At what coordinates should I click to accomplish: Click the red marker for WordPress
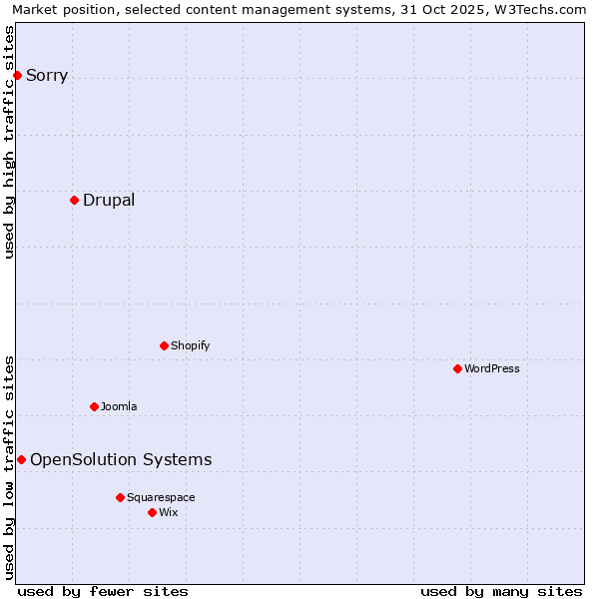coord(457,368)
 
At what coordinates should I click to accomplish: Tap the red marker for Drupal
coord(74,200)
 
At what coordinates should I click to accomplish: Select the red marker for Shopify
coord(164,345)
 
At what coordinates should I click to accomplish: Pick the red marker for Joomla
coord(94,406)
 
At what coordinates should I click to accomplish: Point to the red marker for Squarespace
coord(120,497)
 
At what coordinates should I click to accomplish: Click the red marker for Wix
coord(152,512)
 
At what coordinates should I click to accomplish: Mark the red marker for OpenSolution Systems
coord(21,459)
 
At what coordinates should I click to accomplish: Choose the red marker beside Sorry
coord(17,75)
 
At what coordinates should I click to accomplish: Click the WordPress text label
coord(492,368)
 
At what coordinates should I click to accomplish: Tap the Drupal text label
coord(109,200)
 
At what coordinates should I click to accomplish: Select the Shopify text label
coord(191,345)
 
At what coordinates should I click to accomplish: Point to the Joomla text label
coord(119,406)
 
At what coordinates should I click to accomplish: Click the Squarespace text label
coord(161,497)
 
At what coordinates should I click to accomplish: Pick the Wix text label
coord(169,512)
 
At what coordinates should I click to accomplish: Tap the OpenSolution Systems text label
coord(121,459)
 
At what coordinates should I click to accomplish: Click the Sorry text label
coord(47,75)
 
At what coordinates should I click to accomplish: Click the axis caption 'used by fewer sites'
coord(103,591)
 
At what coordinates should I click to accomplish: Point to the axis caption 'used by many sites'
coord(501,591)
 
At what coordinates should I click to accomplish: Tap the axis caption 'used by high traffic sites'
coord(9,142)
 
